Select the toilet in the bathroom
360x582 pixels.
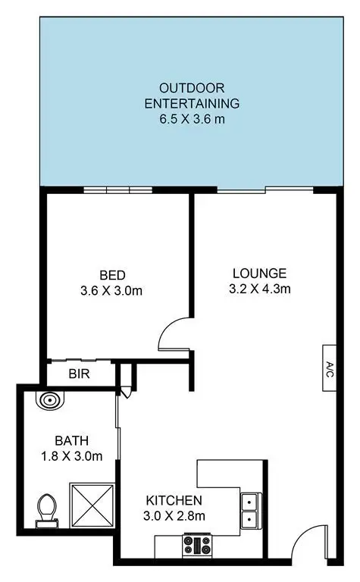[x=48, y=508]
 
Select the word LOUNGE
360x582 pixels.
[x=259, y=273]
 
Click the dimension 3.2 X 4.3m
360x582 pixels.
[x=259, y=288]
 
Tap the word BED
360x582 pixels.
[x=111, y=274]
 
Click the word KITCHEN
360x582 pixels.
[x=174, y=500]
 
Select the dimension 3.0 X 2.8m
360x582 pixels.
[x=174, y=516]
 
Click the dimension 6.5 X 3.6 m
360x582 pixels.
[x=192, y=118]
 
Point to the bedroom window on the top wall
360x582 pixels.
[x=117, y=190]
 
